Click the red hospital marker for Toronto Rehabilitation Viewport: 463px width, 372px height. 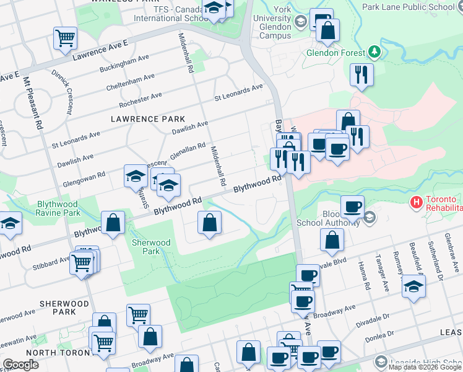[417, 202]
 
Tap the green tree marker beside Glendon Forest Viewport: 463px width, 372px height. [374, 52]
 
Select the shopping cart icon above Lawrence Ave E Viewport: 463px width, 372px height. [65, 38]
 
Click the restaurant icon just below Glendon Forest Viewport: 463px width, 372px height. [361, 74]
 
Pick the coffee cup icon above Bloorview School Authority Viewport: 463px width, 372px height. [352, 206]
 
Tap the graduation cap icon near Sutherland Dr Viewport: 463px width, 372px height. [413, 286]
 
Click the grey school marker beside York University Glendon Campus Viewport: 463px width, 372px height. [301, 22]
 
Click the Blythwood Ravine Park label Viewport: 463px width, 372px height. [58, 208]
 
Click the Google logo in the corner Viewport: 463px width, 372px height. [20, 365]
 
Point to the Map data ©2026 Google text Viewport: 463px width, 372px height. [424, 367]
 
